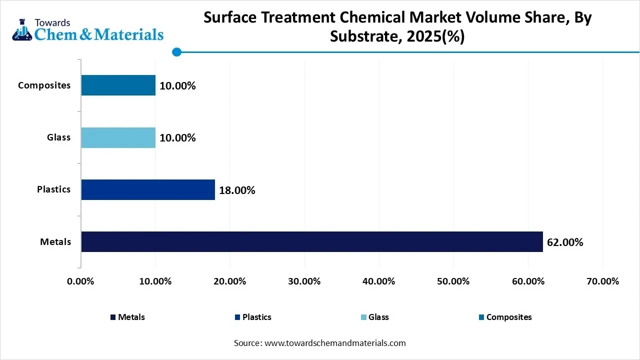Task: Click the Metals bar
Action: coord(311,241)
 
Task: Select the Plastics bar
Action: coord(148,189)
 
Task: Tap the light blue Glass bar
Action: coord(118,137)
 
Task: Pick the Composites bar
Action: coord(118,85)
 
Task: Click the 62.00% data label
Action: coord(565,242)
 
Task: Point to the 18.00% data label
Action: coord(237,190)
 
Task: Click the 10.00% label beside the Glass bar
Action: coord(177,138)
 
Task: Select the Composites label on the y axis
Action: coord(44,85)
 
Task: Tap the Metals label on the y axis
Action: coord(55,242)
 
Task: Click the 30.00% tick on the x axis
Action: coord(304,281)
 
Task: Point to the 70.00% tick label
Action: coord(602,281)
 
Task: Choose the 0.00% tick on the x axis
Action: coord(80,281)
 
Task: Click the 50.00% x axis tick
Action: coord(453,281)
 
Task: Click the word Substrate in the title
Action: coord(361,36)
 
